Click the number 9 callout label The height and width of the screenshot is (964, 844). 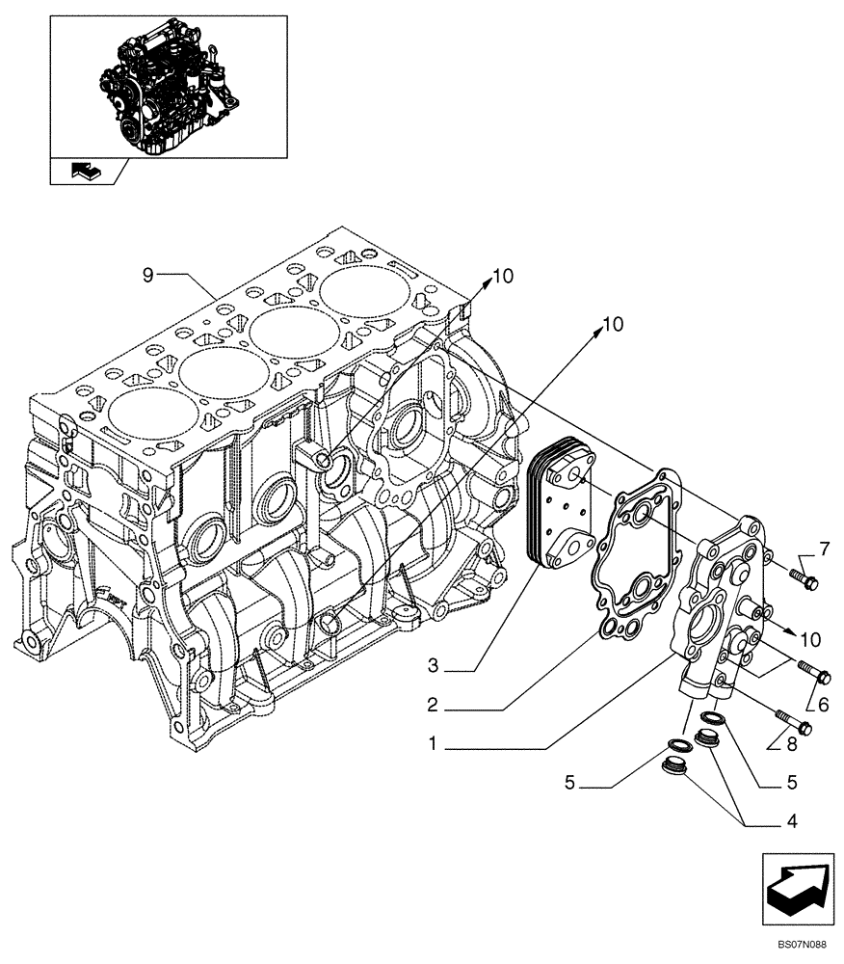tap(147, 276)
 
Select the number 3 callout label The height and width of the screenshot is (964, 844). tap(434, 666)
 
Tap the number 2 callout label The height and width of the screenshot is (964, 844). tap(434, 706)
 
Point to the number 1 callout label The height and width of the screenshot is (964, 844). tap(434, 744)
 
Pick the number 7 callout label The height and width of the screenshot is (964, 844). tap(824, 550)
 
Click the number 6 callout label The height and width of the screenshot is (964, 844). tap(823, 705)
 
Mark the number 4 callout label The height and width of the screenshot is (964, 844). tap(790, 821)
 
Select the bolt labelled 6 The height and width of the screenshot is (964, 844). tap(814, 671)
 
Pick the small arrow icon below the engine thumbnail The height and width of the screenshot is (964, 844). tap(86, 172)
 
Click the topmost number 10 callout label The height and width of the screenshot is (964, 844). tap(503, 277)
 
